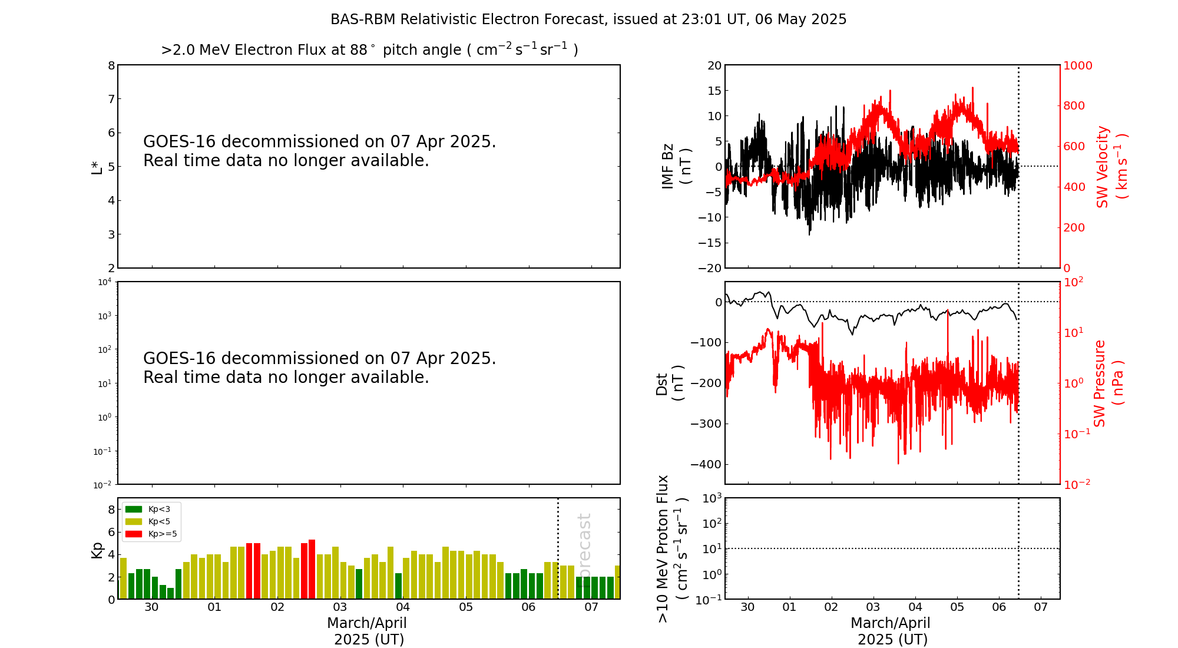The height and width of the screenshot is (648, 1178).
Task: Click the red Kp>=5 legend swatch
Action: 134,534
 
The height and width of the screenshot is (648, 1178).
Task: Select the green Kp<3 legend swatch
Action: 134,509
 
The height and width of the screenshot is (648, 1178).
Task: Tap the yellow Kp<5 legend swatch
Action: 134,521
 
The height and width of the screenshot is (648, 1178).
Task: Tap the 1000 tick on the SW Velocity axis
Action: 1077,65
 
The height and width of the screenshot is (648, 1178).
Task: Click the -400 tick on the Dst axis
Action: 706,464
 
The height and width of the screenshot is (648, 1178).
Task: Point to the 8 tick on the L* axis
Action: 111,65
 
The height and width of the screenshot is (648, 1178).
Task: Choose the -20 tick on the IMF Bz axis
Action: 710,268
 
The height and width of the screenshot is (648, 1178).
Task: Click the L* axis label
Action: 97,167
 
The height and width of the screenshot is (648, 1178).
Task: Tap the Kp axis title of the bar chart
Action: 97,550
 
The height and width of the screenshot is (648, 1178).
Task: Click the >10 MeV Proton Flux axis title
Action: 671,549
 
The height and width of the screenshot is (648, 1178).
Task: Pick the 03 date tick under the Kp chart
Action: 340,607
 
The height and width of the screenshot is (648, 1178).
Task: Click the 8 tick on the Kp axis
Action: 111,510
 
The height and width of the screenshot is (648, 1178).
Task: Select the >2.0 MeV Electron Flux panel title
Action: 369,50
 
